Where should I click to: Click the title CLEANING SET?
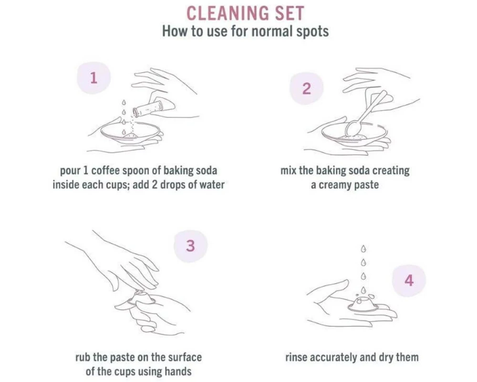pyautogui.click(x=245, y=13)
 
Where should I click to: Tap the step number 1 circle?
pyautogui.click(x=93, y=78)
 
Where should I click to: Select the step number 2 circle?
pyautogui.click(x=306, y=89)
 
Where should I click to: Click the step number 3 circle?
pyautogui.click(x=190, y=246)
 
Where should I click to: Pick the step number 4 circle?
pyautogui.click(x=409, y=280)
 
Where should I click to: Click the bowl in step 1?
pyautogui.click(x=131, y=133)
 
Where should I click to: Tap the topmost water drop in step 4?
pyautogui.click(x=363, y=249)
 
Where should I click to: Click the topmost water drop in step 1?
pyautogui.click(x=124, y=102)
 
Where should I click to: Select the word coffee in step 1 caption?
pyautogui.click(x=105, y=170)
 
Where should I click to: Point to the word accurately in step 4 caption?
pyautogui.click(x=333, y=357)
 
